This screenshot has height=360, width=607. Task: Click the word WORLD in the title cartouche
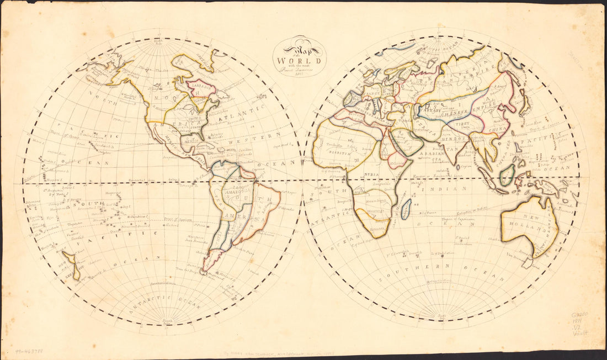coord(299,60)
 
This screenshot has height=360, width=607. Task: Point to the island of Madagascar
coord(406,209)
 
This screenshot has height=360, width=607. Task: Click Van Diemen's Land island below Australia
coord(528,263)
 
